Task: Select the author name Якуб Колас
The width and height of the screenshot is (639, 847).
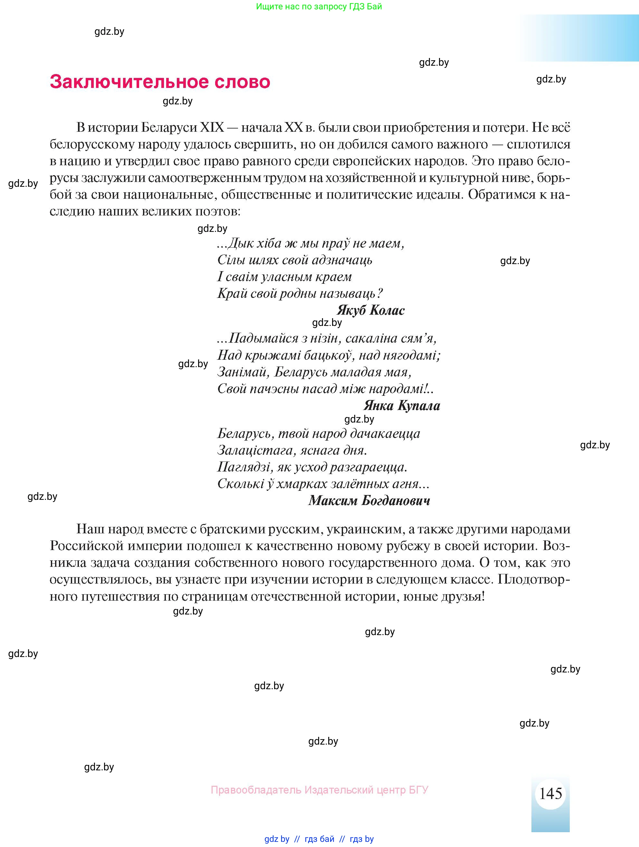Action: pyautogui.click(x=370, y=310)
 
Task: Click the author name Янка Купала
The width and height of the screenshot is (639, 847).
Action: pyautogui.click(x=401, y=405)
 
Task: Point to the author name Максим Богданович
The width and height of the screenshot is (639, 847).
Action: pyautogui.click(x=369, y=500)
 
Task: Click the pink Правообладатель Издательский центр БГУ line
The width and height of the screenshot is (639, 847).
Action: pyautogui.click(x=319, y=790)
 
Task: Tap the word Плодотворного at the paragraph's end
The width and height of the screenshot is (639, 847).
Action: pyautogui.click(x=534, y=579)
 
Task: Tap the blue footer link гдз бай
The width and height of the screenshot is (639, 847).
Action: pyautogui.click(x=319, y=839)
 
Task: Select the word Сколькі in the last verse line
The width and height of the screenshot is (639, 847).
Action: pyautogui.click(x=240, y=484)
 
